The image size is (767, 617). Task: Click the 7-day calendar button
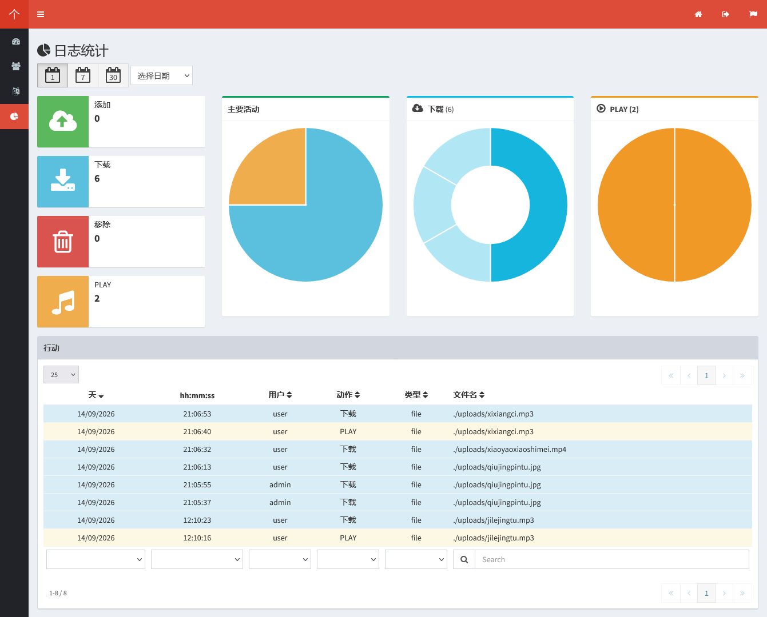83,75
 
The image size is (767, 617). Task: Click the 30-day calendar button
113,75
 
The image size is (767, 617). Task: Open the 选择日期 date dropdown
161,75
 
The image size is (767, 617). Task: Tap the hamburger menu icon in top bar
41,14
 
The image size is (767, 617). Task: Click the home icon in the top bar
698,14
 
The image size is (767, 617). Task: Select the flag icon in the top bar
753,14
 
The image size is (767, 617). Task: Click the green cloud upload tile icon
63,122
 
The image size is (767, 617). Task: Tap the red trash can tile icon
63,242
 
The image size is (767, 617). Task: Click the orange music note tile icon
63,302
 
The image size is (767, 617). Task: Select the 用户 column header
280,395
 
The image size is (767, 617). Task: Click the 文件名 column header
468,395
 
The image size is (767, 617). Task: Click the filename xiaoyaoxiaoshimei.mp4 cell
510,449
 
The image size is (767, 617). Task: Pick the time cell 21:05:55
197,484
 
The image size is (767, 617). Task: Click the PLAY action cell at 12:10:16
348,538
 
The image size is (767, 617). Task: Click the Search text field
611,559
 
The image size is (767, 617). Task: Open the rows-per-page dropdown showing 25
61,375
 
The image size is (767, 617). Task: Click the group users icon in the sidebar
15,66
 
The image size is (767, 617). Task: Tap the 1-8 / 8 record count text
58,593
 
